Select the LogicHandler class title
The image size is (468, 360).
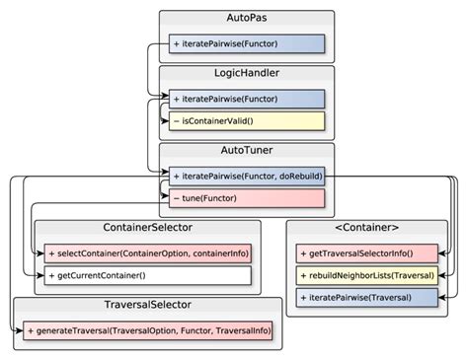point(247,74)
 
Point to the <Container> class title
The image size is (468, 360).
point(366,229)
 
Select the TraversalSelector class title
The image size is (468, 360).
point(148,306)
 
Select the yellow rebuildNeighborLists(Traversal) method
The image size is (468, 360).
point(366,275)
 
